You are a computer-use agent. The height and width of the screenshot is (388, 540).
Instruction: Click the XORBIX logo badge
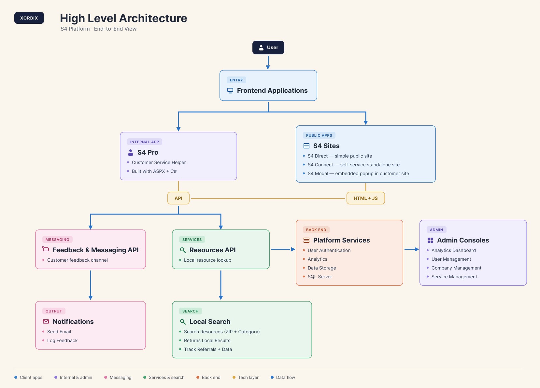pyautogui.click(x=29, y=18)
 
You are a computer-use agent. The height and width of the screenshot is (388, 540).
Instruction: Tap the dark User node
pyautogui.click(x=268, y=48)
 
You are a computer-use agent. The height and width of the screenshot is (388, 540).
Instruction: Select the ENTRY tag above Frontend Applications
pyautogui.click(x=236, y=80)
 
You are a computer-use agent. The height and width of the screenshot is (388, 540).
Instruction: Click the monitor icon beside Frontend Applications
pyautogui.click(x=230, y=90)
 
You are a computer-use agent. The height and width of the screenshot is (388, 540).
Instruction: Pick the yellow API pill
pyautogui.click(x=178, y=198)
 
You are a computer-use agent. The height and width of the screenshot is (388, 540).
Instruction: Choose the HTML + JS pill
pyautogui.click(x=365, y=198)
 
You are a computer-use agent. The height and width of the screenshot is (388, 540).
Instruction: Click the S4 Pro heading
pyautogui.click(x=148, y=152)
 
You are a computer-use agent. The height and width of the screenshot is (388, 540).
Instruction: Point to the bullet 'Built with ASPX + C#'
pyautogui.click(x=154, y=171)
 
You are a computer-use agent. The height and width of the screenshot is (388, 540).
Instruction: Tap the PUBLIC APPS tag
pyautogui.click(x=319, y=135)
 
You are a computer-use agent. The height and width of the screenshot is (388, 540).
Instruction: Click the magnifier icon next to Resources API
pyautogui.click(x=183, y=250)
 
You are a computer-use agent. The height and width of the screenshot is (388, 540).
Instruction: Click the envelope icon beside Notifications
pyautogui.click(x=46, y=322)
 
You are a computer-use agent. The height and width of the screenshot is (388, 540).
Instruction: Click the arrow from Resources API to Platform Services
pyautogui.click(x=283, y=249)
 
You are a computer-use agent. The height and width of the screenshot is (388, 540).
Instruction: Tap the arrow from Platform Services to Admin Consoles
pyautogui.click(x=411, y=249)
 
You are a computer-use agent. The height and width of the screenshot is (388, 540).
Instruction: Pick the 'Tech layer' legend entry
pyautogui.click(x=246, y=377)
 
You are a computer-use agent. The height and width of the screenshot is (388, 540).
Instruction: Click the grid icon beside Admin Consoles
pyautogui.click(x=430, y=240)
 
